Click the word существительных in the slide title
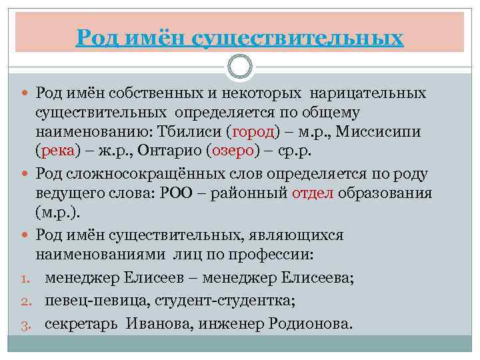tap(297, 37)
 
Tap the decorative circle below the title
tap(240, 67)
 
